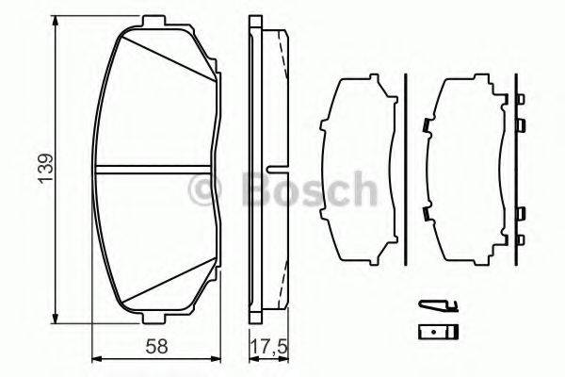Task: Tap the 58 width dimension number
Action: pos(157,345)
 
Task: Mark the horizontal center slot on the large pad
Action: pos(155,171)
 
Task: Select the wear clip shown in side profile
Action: pos(436,306)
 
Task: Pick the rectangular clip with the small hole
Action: pos(436,331)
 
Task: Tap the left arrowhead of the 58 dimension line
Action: pos(97,358)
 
